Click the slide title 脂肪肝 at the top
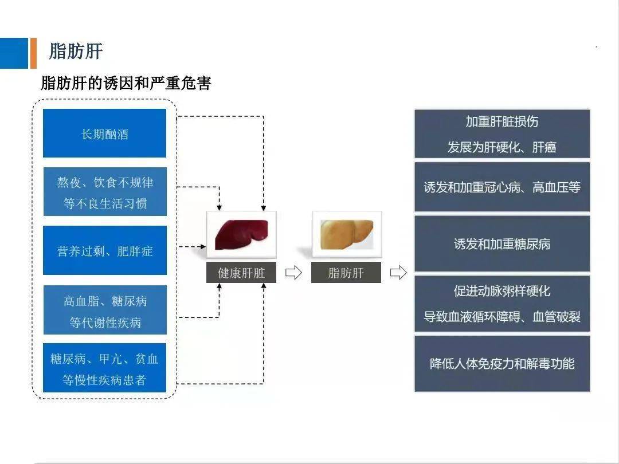pyautogui.click(x=76, y=52)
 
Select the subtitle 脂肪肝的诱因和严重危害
pyautogui.click(x=126, y=84)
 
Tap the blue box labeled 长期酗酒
pyautogui.click(x=104, y=133)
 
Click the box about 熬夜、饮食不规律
pyautogui.click(x=104, y=192)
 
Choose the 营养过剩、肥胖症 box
pyautogui.click(x=104, y=250)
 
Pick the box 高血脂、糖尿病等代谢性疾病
pyautogui.click(x=104, y=310)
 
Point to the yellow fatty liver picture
pyautogui.click(x=346, y=234)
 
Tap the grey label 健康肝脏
pyautogui.click(x=241, y=273)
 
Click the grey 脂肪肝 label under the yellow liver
pyautogui.click(x=346, y=273)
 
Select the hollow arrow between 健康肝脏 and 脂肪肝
pyautogui.click(x=293, y=273)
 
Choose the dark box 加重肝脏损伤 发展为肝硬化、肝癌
pyautogui.click(x=502, y=134)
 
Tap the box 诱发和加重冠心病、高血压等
pyautogui.click(x=502, y=187)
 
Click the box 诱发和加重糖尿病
pyautogui.click(x=502, y=244)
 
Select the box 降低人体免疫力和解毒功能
pyautogui.click(x=502, y=364)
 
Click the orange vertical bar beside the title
pyautogui.click(x=33, y=53)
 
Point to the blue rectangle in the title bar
pyautogui.click(x=14, y=53)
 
